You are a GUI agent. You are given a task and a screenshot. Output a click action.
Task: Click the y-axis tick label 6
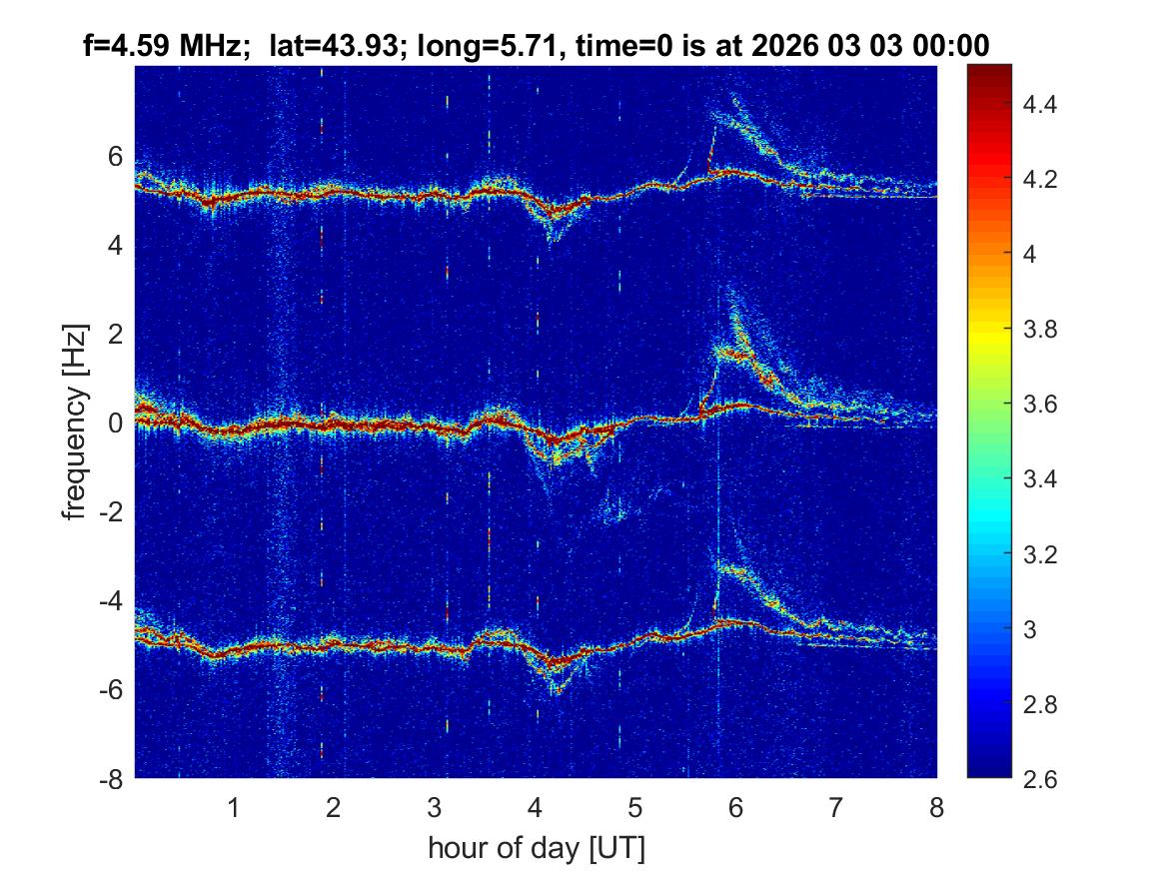pos(116,157)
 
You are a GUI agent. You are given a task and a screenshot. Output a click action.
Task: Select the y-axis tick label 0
pos(116,424)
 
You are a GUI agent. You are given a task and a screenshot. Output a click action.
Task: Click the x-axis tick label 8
pos(936,807)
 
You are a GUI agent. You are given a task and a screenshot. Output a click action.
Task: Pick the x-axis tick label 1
pos(234,807)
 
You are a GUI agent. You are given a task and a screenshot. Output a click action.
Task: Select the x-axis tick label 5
pos(635,807)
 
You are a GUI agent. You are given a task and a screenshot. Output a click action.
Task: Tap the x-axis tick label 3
pos(435,807)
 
